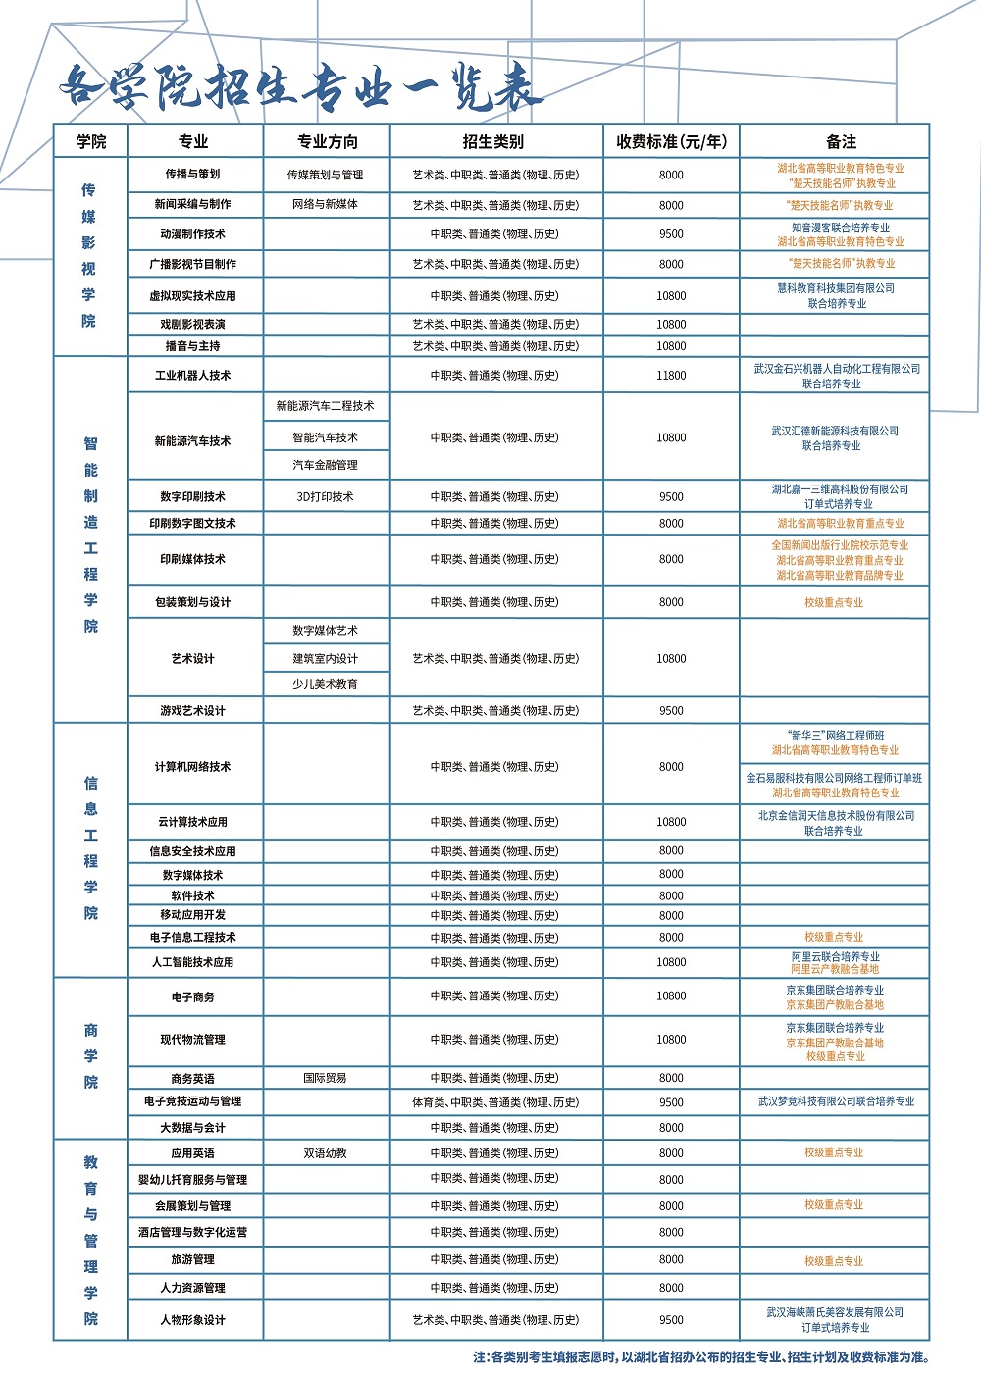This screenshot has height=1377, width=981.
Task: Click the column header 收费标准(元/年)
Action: click(671, 141)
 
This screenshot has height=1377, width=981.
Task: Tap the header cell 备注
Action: click(841, 141)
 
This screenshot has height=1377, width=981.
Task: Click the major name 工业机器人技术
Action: click(193, 376)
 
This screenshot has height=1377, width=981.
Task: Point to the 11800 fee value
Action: click(671, 376)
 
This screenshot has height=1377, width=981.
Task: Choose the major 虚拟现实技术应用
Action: click(193, 295)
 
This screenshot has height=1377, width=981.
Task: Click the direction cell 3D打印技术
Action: click(325, 496)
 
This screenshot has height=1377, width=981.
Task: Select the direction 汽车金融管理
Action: click(325, 465)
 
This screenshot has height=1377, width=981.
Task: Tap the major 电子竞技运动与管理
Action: click(193, 1101)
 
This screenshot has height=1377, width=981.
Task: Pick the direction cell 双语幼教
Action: click(325, 1153)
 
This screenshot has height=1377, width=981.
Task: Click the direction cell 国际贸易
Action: click(325, 1078)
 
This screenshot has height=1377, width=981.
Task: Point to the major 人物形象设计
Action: click(193, 1320)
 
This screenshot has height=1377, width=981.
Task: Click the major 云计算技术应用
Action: click(193, 822)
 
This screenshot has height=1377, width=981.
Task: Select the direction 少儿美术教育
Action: click(325, 684)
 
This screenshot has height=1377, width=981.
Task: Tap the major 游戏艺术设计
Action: click(193, 710)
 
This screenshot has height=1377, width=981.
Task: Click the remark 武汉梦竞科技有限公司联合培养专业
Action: click(836, 1101)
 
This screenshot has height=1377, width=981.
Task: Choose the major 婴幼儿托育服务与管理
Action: click(193, 1180)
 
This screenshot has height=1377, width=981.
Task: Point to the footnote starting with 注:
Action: click(700, 1357)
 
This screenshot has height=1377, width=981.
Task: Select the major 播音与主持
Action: click(193, 346)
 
